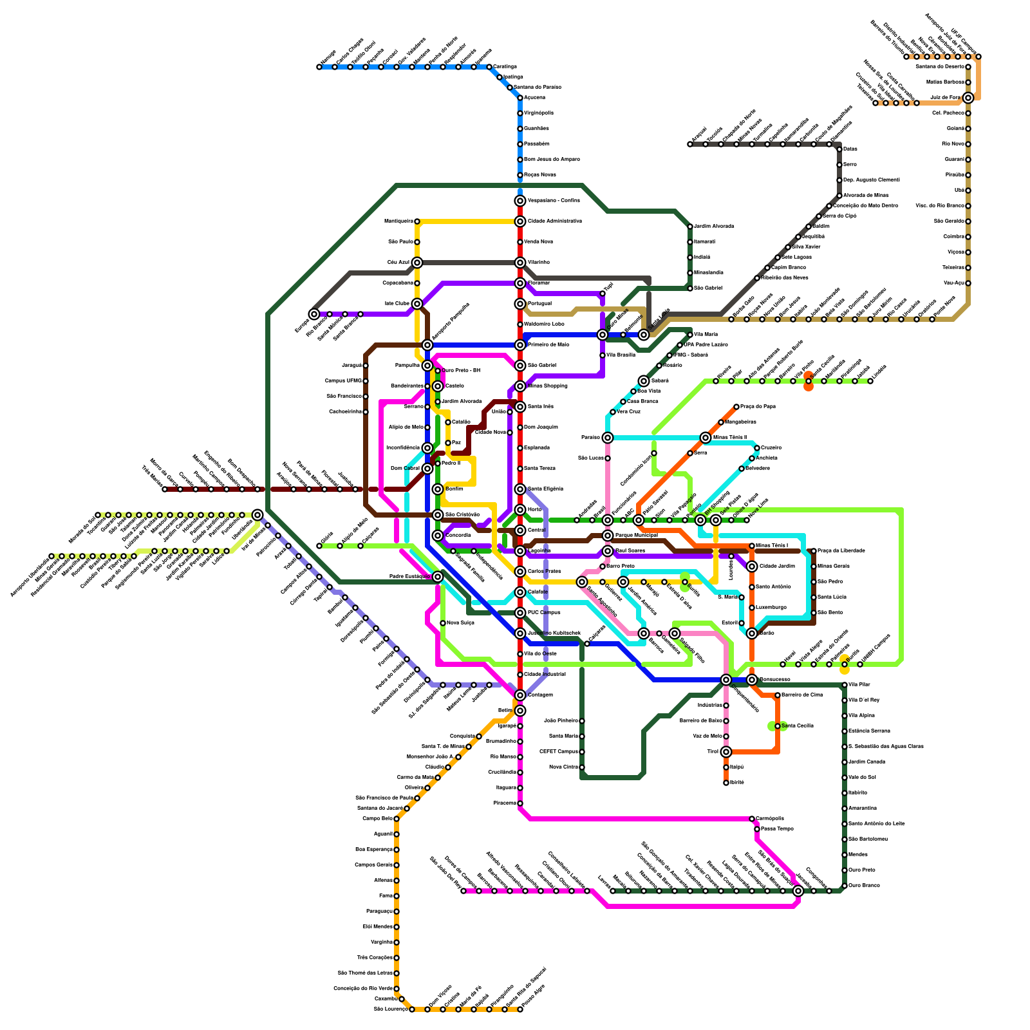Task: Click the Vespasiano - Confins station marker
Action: [x=520, y=201]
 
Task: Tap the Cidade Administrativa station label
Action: [x=554, y=221]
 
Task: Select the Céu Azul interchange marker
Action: [x=417, y=263]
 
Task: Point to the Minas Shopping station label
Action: [x=547, y=386]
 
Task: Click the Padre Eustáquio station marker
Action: [x=438, y=577]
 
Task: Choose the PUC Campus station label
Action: [x=544, y=613]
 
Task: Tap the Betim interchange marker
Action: [x=520, y=711]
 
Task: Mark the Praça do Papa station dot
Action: [x=736, y=407]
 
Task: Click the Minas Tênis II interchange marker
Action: [x=706, y=438]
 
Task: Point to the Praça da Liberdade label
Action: [x=841, y=551]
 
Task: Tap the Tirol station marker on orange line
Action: [x=726, y=752]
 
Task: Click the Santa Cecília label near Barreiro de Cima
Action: [x=798, y=726]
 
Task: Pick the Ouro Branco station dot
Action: [x=845, y=886]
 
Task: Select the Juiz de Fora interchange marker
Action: [x=968, y=98]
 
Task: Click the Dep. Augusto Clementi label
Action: [x=871, y=180]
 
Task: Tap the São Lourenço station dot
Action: [x=412, y=1009]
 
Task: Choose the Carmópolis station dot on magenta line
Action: [x=752, y=819]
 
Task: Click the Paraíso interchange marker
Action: [x=608, y=438]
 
